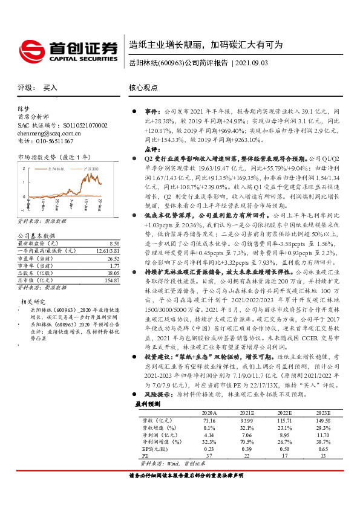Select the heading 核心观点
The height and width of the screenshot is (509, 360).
tap(144, 87)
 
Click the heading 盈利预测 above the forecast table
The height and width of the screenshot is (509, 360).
tap(148, 420)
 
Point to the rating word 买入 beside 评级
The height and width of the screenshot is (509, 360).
tap(50, 87)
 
